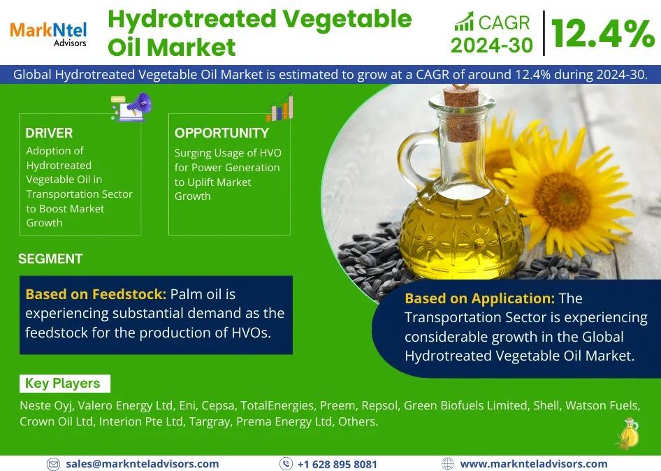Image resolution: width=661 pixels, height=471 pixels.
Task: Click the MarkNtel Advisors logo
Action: pos(48,34)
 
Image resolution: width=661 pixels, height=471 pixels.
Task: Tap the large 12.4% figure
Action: pos(603,34)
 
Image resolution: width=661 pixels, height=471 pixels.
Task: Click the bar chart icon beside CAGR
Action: pos(464,22)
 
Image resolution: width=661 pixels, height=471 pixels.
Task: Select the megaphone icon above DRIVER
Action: pos(131,106)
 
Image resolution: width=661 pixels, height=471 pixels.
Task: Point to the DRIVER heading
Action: pos(49,133)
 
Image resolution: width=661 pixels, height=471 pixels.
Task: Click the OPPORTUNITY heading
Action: pos(221,133)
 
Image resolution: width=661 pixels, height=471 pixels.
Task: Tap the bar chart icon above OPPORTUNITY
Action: pos(280,108)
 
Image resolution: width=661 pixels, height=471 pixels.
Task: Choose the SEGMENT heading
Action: pos(50,259)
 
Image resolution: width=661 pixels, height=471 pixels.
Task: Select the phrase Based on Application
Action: pos(480,298)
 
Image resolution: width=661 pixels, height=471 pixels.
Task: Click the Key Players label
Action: pos(62,383)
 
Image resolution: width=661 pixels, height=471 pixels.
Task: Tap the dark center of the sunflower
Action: pos(562,201)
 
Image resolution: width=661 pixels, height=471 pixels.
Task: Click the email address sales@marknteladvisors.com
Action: pos(143,464)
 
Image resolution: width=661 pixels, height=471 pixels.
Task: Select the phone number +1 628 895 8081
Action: pos(337,464)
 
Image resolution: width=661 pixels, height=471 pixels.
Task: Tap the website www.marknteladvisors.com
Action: pos(534,464)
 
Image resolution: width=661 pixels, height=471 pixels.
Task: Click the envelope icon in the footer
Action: pos(53,464)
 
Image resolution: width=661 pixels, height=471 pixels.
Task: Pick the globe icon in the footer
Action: pos(448,464)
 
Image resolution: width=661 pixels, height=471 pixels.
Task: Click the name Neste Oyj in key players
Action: pos(46,405)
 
